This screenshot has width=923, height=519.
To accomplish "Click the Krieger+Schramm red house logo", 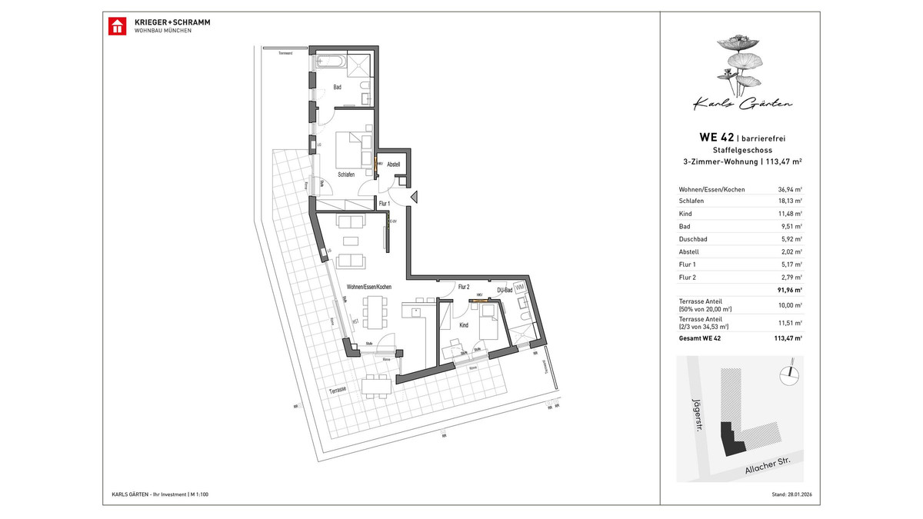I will click(x=116, y=25).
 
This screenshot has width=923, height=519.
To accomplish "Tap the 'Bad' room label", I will click(x=337, y=88).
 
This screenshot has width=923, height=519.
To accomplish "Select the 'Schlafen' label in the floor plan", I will click(x=345, y=175).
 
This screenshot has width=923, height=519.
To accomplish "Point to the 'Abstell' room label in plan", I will click(x=394, y=165).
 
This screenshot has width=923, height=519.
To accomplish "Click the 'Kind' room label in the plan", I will click(x=464, y=325).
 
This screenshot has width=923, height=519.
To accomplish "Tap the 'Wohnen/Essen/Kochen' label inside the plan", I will click(x=369, y=287).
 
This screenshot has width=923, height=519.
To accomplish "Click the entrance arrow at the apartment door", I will click(x=414, y=198).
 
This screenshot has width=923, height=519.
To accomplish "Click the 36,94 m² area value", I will click(x=790, y=189).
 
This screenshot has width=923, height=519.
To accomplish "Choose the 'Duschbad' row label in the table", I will click(x=693, y=239).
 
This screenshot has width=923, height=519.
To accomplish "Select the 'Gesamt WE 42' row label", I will click(x=700, y=338).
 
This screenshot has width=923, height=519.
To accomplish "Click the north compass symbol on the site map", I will click(x=785, y=375).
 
